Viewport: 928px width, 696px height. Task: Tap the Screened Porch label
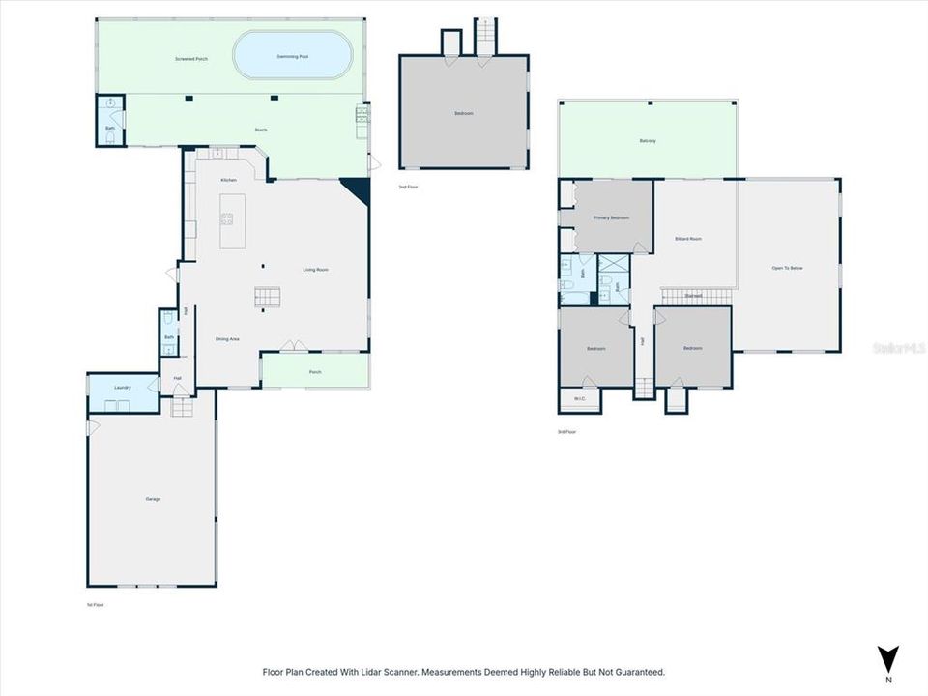[191, 59]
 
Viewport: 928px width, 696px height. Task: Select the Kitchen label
[229, 180]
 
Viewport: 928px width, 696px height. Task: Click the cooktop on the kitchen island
[226, 217]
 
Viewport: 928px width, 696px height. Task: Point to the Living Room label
[316, 270]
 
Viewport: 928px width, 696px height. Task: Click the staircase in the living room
[267, 298]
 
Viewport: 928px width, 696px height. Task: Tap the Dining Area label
[227, 338]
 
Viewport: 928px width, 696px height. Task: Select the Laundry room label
[123, 388]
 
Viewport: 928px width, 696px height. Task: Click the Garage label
[153, 499]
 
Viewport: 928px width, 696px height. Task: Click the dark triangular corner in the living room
[360, 189]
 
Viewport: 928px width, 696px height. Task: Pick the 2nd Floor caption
[408, 186]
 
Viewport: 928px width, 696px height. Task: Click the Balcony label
[648, 142]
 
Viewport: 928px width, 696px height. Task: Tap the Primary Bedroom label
[611, 218]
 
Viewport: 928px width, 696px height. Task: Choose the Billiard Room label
[688, 239]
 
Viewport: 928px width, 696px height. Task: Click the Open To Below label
[787, 268]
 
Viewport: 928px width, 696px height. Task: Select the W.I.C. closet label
[579, 398]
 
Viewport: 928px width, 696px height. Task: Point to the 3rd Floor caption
[566, 432]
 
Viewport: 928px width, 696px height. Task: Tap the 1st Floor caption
[95, 605]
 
